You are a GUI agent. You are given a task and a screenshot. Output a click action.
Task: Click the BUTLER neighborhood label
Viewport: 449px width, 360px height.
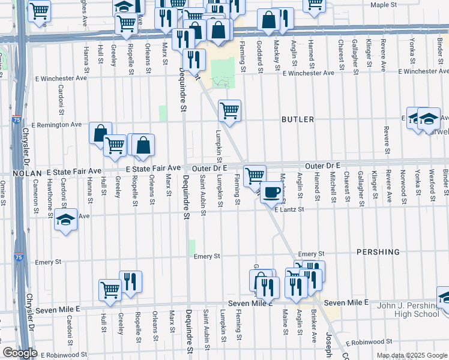pos(298,119)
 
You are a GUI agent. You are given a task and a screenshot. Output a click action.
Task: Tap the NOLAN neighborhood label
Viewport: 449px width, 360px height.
pos(25,172)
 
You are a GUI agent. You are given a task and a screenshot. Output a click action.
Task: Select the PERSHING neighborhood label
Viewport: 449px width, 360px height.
pos(378,252)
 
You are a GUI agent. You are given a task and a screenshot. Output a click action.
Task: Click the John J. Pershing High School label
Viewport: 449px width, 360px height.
pos(409,310)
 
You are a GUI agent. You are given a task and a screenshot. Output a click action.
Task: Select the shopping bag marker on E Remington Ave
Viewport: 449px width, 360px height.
pos(100,133)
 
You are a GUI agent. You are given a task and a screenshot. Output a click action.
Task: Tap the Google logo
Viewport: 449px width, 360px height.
pos(20,352)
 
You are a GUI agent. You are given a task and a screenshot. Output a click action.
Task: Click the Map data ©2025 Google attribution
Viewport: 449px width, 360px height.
pos(412,356)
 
